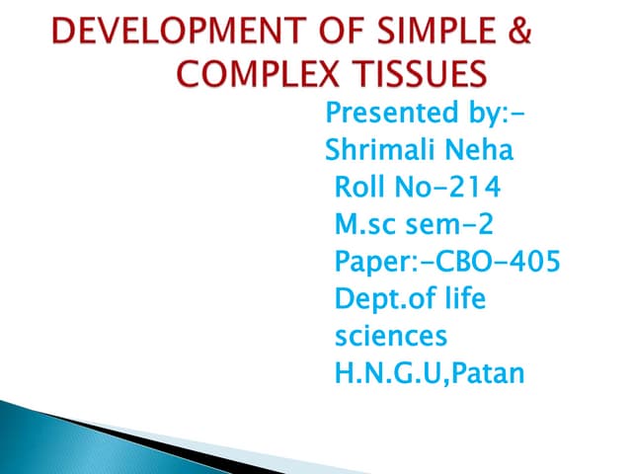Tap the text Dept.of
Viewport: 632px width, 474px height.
[x=385, y=298]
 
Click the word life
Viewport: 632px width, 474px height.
[x=464, y=298]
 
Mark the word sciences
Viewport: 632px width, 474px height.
[x=391, y=335]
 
